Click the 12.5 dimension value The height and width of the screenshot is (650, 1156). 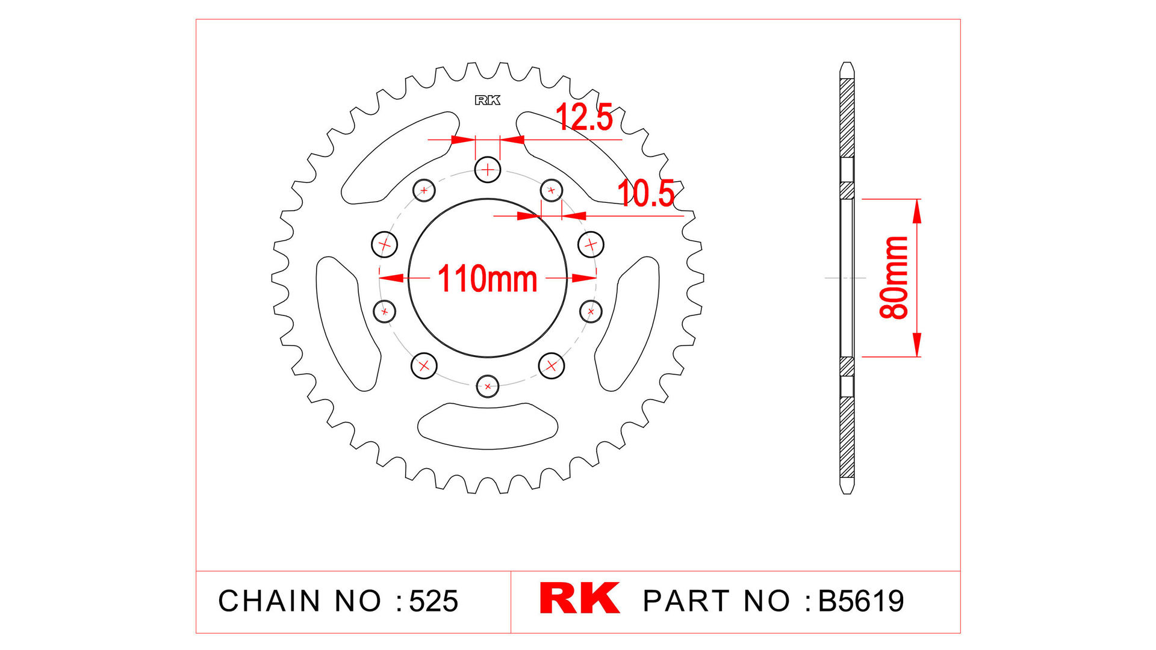(x=583, y=117)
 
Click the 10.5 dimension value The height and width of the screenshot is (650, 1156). (x=646, y=194)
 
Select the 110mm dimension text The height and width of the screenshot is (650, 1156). (x=487, y=279)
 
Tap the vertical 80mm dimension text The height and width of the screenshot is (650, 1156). (x=893, y=277)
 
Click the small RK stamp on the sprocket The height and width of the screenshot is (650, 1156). (x=487, y=101)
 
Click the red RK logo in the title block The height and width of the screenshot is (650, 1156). (x=579, y=598)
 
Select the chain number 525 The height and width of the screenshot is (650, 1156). (x=433, y=601)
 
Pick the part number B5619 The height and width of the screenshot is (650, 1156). (x=861, y=601)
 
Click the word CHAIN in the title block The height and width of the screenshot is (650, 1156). (x=269, y=601)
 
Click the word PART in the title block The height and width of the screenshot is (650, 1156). (x=686, y=601)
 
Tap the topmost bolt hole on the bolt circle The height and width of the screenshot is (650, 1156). (x=488, y=170)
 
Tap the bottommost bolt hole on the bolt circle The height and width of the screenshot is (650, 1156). (x=488, y=386)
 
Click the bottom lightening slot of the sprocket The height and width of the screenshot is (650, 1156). (x=488, y=426)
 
